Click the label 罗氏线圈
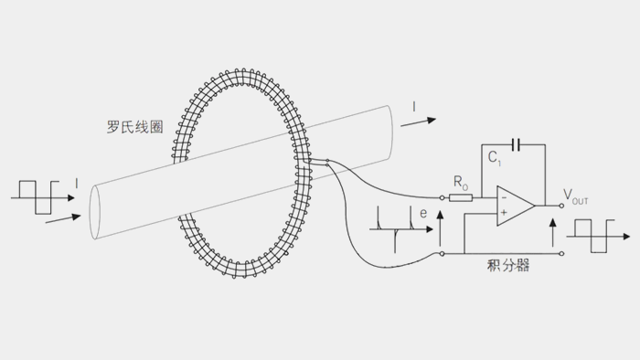(134, 128)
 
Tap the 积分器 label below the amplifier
(511, 266)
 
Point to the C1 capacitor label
(495, 159)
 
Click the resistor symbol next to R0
(461, 196)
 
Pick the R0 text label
(461, 182)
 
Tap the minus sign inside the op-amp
(504, 197)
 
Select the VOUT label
(576, 194)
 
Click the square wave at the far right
(597, 235)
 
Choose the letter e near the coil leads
(422, 213)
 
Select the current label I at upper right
(413, 108)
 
